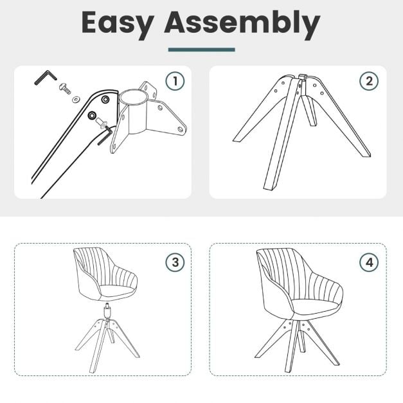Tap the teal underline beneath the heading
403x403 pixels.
tap(202, 49)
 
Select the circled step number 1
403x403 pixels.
tap(175, 81)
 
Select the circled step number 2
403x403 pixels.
tap(369, 81)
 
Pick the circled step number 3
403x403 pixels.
tap(175, 262)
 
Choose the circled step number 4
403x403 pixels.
tap(369, 262)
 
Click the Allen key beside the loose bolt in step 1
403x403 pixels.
tap(46, 77)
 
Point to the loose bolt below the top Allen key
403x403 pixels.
tap(65, 88)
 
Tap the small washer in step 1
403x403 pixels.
tap(76, 98)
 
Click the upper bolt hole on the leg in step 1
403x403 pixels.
tap(105, 99)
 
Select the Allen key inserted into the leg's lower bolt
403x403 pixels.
tap(104, 135)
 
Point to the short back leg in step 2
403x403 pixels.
tap(309, 111)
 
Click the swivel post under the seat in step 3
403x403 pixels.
tap(107, 311)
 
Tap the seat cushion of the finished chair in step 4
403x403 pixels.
tap(315, 306)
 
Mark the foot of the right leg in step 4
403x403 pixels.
tap(336, 363)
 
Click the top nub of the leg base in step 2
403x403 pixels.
tap(303, 76)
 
